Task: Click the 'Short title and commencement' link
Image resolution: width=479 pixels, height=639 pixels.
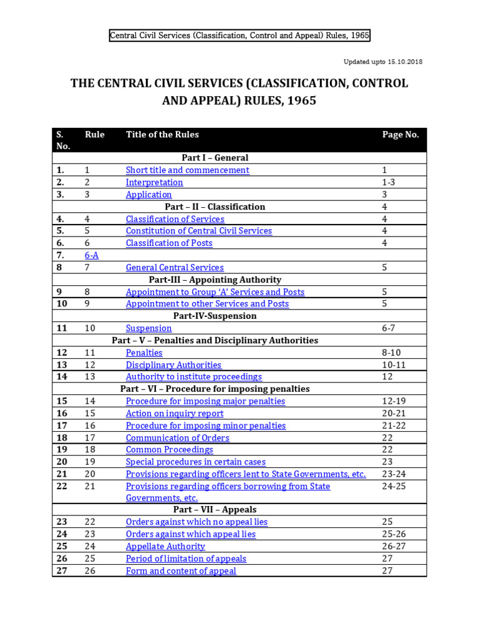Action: [x=187, y=170]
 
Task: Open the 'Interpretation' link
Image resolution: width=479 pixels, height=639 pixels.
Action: [x=154, y=182]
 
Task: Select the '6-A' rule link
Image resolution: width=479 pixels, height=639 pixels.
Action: [x=92, y=255]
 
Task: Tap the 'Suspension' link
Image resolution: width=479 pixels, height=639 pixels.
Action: [x=148, y=328]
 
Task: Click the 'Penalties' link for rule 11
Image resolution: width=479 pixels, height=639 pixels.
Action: [x=143, y=353]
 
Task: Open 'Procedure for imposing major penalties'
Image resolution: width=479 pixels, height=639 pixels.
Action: [x=205, y=401]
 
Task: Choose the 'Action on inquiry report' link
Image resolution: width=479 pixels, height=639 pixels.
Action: [x=174, y=413]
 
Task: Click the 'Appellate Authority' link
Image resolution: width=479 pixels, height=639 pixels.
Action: [x=165, y=547]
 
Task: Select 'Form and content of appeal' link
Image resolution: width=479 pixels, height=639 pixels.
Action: [x=181, y=571]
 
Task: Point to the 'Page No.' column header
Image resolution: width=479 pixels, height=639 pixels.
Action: [x=400, y=134]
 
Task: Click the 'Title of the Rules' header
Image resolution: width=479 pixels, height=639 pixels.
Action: [x=162, y=134]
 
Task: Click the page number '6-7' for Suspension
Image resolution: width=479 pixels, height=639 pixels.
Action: [x=389, y=328]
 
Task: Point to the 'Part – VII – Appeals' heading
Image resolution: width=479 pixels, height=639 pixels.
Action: [x=239, y=510]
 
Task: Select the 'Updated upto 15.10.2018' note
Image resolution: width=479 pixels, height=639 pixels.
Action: [x=383, y=62]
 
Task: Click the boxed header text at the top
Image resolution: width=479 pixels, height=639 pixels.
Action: [x=239, y=36]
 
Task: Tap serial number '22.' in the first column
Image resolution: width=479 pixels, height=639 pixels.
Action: [x=61, y=486]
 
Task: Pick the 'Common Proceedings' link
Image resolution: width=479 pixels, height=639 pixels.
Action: [x=169, y=449]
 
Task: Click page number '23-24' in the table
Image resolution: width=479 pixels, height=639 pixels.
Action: [x=394, y=474]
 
